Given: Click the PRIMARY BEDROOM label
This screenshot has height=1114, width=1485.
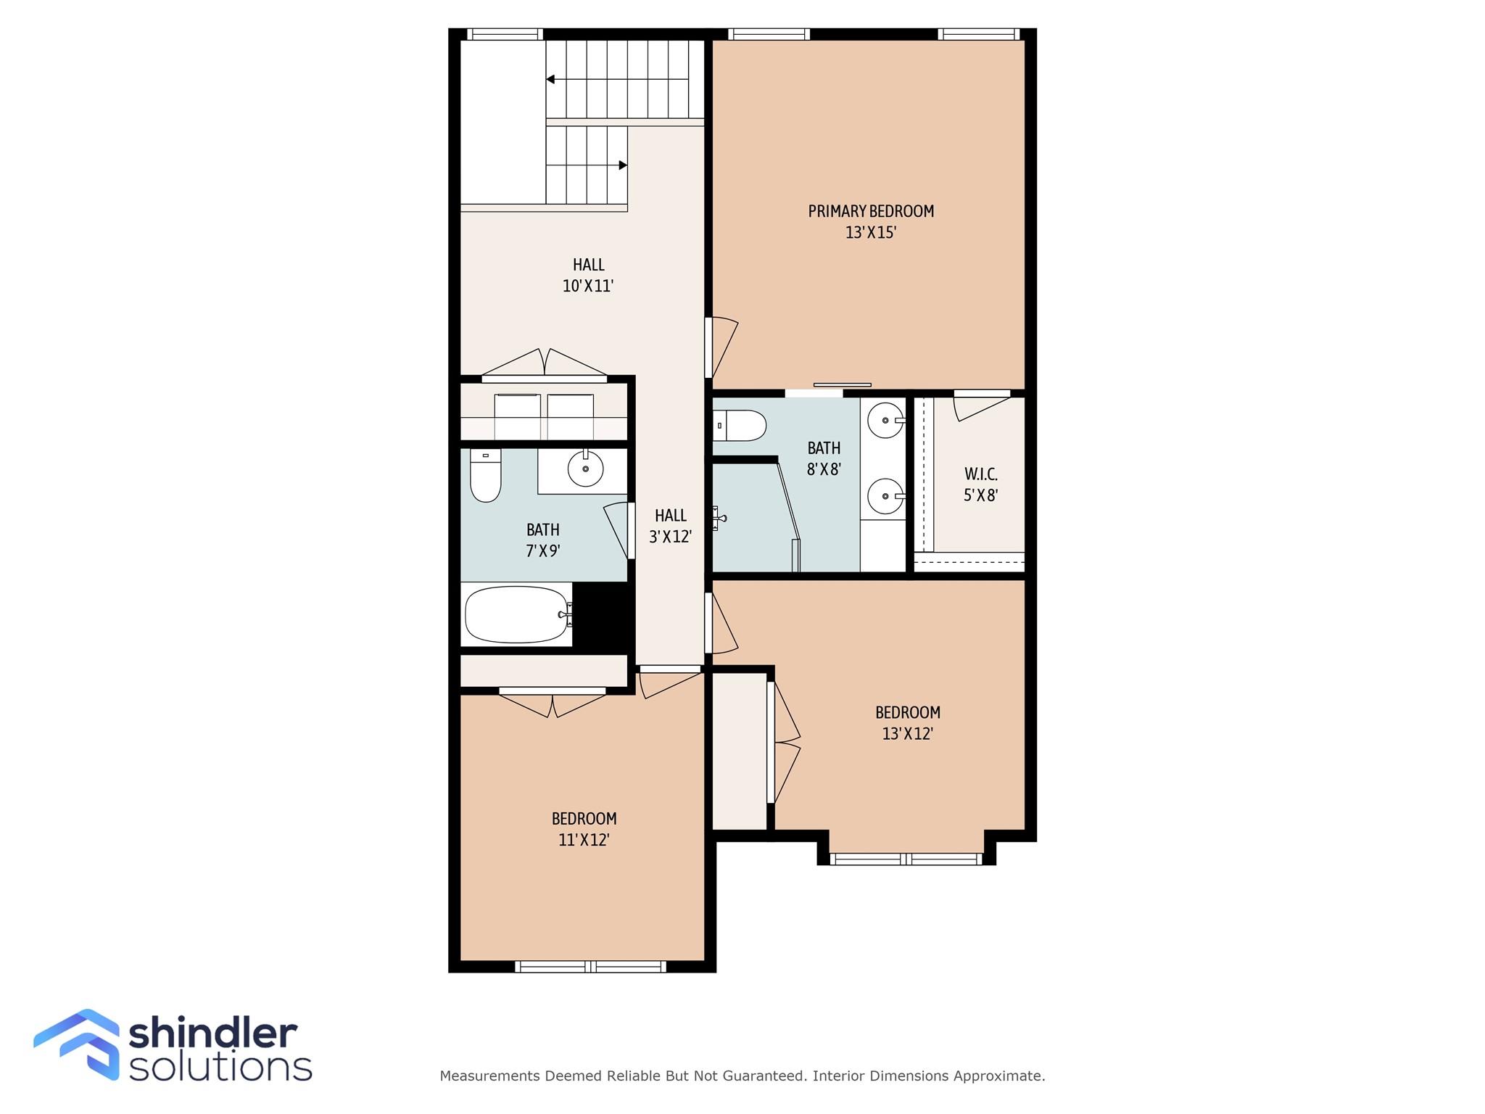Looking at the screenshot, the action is click(871, 211).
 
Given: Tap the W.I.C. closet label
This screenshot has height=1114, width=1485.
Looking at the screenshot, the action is click(981, 474).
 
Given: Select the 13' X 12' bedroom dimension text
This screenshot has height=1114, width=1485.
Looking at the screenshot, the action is click(907, 733).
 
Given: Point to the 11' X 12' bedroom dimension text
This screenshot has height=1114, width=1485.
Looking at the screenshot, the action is click(584, 840).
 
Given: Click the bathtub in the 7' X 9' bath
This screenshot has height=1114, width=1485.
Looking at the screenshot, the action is click(517, 614).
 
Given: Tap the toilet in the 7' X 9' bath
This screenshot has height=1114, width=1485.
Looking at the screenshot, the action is click(486, 475).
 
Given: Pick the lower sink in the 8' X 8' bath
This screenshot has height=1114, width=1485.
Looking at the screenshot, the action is click(886, 496).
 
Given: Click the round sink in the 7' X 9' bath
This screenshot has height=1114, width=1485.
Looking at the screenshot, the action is click(585, 469).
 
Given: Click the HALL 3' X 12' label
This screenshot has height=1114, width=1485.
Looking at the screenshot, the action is click(671, 526).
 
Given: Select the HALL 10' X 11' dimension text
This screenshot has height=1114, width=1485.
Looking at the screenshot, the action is click(588, 286).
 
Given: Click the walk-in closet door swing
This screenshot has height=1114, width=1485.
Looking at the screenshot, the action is click(980, 406).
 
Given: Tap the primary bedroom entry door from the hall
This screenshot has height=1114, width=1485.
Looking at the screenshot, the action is click(722, 348).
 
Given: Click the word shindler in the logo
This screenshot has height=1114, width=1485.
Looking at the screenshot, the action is click(212, 1033).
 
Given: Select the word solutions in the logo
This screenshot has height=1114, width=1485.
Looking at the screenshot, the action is click(220, 1066).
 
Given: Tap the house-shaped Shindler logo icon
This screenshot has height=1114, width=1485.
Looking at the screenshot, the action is click(76, 1044).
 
